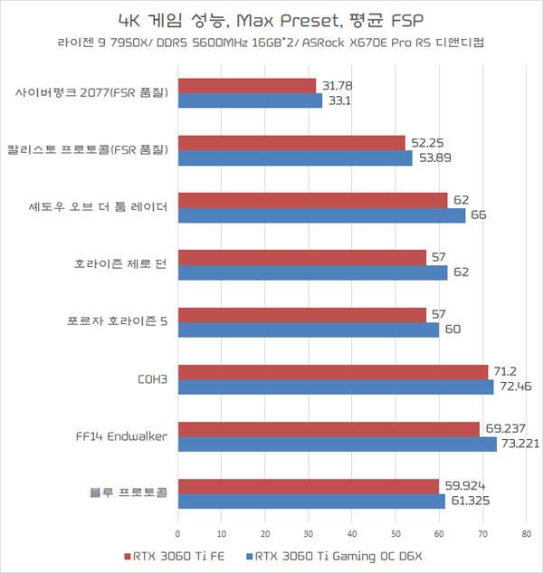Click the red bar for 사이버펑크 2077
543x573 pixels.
pyautogui.click(x=247, y=86)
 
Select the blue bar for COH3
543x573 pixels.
pyautogui.click(x=336, y=387)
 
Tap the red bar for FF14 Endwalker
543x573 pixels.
pyautogui.click(x=329, y=429)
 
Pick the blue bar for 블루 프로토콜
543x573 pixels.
pyautogui.click(x=311, y=501)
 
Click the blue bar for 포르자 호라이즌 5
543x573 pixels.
pyautogui.click(x=309, y=329)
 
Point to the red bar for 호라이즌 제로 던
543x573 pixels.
pyautogui.click(x=302, y=258)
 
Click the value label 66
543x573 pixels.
pyautogui.click(x=479, y=215)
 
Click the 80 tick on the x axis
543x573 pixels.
pyautogui.click(x=526, y=532)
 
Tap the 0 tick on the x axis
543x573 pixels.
pyautogui.click(x=178, y=532)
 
